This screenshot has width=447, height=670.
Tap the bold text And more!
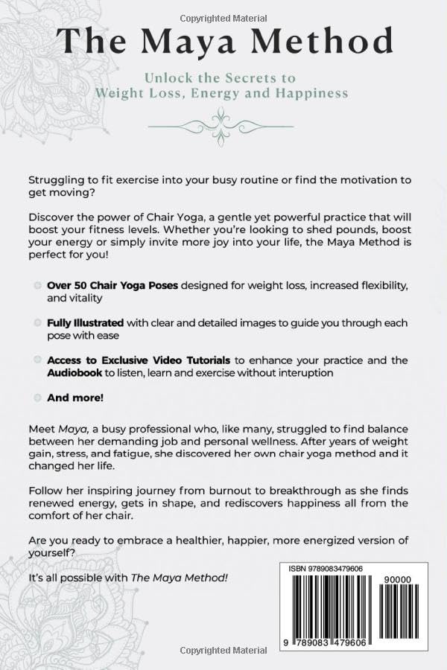tap(75, 398)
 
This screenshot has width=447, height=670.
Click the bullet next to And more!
tap(37, 398)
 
